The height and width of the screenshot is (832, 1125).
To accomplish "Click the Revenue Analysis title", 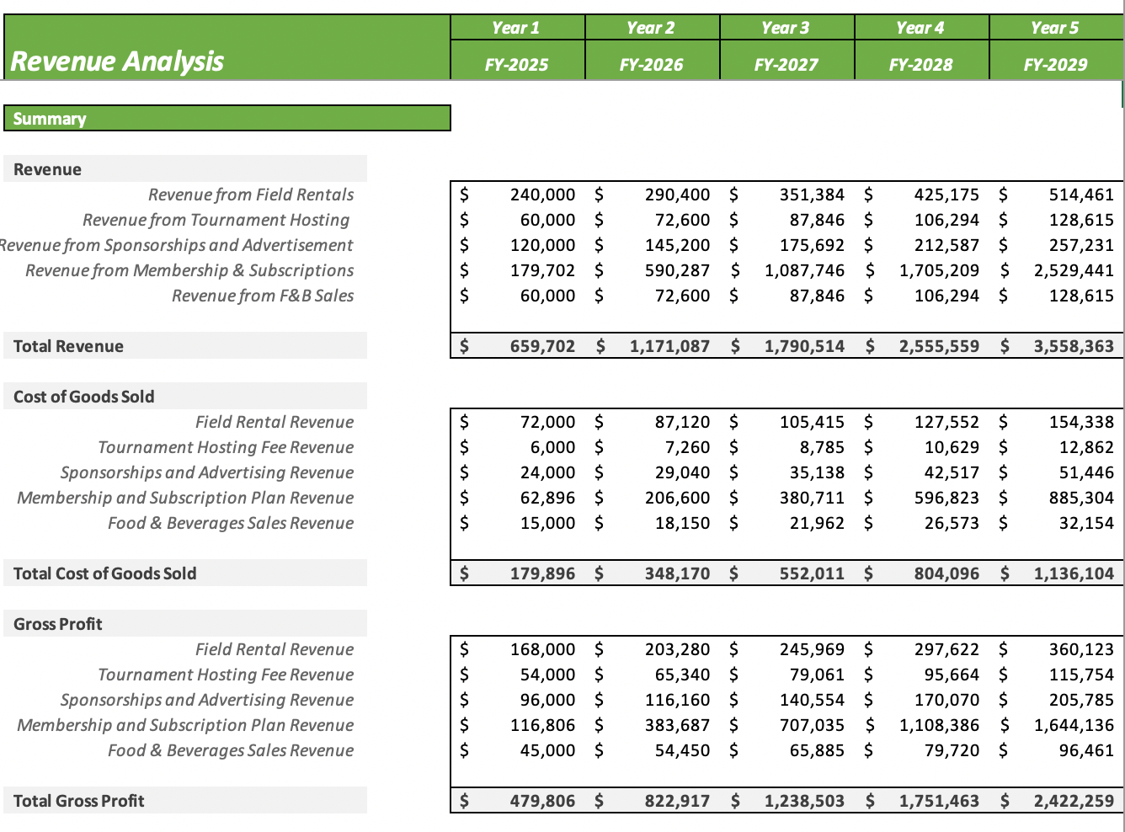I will [117, 61].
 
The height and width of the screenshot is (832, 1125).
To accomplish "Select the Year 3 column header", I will [786, 28].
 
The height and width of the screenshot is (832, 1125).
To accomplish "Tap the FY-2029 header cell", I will [1055, 64].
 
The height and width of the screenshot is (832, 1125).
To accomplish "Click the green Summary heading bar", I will [227, 119].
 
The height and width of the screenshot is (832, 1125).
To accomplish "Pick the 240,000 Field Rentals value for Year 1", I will [542, 195].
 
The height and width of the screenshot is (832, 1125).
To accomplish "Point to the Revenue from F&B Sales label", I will [263, 296].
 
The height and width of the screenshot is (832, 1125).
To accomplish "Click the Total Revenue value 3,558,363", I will [1073, 346].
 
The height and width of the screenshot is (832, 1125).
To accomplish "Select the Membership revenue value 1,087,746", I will [804, 270].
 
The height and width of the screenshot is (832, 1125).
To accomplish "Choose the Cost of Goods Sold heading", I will [84, 397].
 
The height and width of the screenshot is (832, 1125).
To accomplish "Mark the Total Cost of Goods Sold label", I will [105, 573].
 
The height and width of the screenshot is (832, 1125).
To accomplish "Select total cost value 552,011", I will [812, 573].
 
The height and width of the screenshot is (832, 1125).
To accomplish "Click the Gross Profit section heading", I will [58, 624].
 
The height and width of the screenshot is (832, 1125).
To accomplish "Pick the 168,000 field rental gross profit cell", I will [542, 649].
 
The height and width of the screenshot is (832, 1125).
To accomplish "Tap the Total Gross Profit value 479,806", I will [542, 801].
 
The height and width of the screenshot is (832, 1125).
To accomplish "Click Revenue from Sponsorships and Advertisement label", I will [177, 245].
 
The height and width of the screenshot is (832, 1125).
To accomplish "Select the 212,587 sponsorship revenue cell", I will [946, 245].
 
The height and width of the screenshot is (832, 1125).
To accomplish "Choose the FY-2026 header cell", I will [651, 64].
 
